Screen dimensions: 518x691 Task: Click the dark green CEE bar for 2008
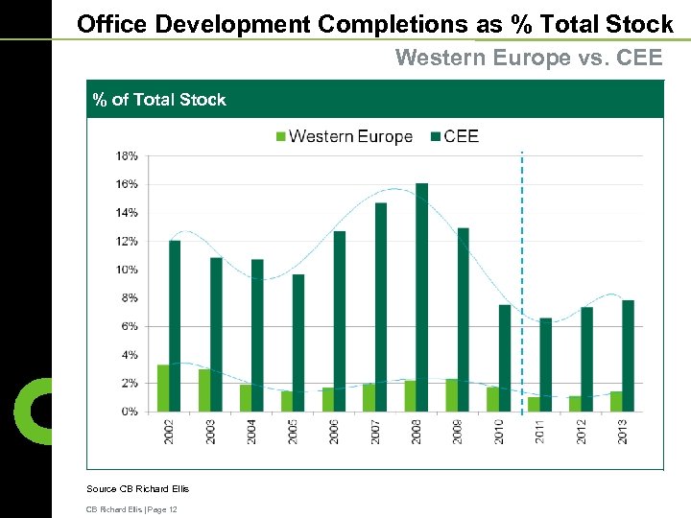(421, 297)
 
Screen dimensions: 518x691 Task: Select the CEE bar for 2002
(175, 326)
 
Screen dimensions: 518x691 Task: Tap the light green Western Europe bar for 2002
(163, 388)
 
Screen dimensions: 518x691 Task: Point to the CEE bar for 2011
(545, 365)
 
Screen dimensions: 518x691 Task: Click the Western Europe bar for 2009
(451, 395)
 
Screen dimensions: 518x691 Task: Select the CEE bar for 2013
(628, 356)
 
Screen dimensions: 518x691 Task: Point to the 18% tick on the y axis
(127, 155)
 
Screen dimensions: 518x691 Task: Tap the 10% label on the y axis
(127, 270)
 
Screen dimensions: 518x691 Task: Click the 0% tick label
(129, 412)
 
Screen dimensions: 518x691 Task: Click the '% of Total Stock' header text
(159, 100)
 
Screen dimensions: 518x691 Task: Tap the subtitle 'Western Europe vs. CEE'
(529, 58)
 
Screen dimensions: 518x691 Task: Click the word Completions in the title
(389, 23)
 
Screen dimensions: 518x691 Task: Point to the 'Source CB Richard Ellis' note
(138, 489)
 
